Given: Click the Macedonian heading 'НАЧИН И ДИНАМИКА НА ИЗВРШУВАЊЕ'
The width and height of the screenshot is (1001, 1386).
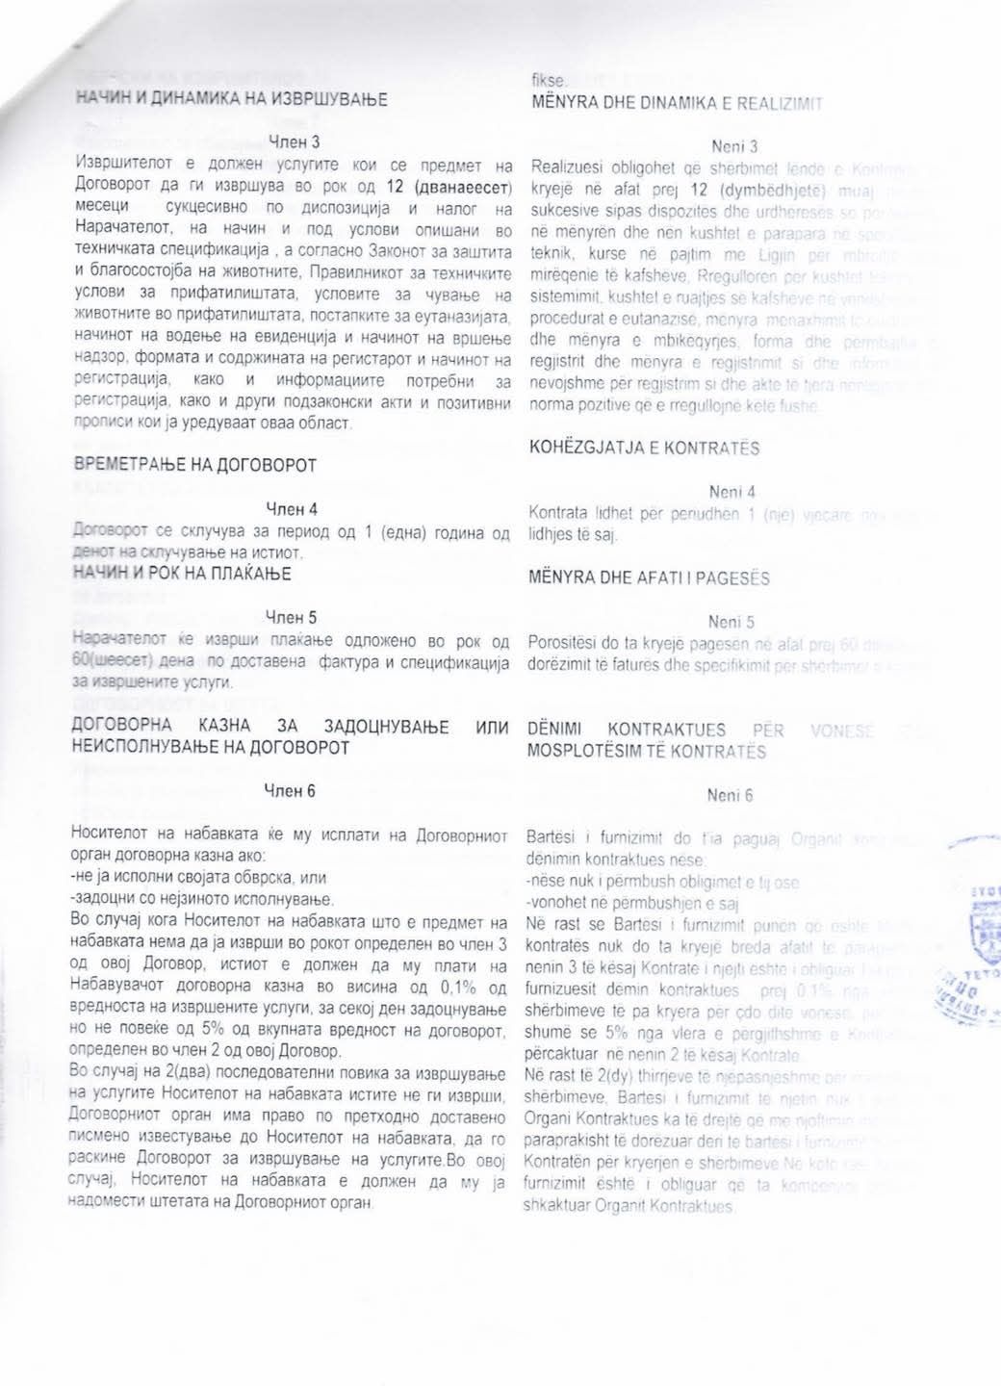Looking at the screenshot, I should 230,98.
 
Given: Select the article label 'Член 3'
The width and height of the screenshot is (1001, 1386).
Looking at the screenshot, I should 292,142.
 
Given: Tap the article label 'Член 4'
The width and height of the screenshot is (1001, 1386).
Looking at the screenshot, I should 292,509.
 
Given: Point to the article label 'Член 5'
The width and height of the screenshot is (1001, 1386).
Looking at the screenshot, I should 292,618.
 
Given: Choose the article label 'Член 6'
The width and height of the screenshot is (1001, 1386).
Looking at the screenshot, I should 290,791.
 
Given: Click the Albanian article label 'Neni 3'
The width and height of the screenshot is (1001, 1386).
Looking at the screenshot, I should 734,146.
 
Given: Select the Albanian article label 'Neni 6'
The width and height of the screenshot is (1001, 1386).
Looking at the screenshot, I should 730,795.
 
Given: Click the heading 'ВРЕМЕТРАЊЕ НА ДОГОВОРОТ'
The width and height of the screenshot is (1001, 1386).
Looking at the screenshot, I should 195,466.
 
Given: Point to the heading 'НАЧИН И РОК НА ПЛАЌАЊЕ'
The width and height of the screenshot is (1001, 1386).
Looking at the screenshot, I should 183,574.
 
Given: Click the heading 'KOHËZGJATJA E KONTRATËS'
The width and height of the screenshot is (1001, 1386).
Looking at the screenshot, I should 644,448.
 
